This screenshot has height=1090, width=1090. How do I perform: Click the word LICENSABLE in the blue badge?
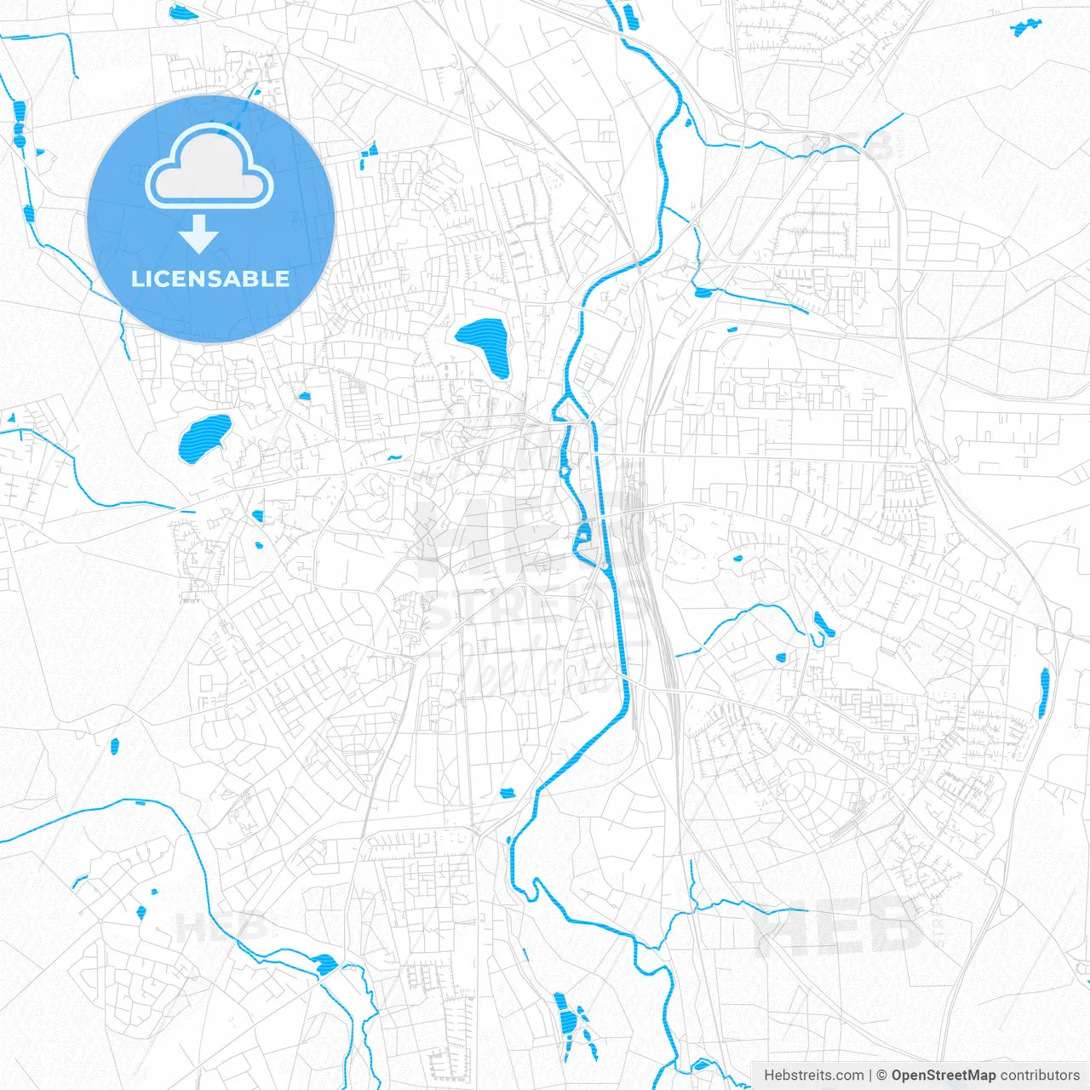coord(210,278)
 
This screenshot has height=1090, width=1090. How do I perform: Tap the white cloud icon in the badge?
coord(209,167)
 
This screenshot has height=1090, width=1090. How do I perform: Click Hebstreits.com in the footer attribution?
coord(813,1076)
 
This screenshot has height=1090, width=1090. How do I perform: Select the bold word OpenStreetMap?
coord(943,1076)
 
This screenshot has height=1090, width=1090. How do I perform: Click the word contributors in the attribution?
coord(1040,1076)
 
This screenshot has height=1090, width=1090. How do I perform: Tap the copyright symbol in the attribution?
coord(881,1076)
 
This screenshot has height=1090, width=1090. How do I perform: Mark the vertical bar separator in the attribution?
coord(869,1076)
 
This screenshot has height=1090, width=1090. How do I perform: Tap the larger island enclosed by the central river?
coord(584,535)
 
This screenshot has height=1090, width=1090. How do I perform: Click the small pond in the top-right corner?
coord(1026,27)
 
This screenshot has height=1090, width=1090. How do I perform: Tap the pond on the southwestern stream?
coord(325,965)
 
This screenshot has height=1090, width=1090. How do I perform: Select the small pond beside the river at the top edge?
coord(630,15)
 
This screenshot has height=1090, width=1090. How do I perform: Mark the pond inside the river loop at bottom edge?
coord(705,1064)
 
